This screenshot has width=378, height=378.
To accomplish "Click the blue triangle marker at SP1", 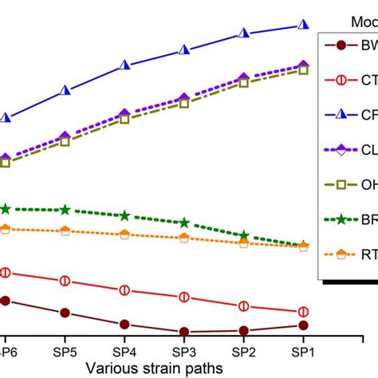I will click(x=303, y=26).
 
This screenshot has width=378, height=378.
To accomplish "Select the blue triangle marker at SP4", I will click(x=124, y=65).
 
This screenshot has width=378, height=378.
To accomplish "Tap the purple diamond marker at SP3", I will click(x=184, y=97).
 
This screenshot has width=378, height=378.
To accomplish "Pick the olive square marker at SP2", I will click(x=243, y=82).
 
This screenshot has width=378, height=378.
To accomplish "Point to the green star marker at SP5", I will click(x=65, y=210).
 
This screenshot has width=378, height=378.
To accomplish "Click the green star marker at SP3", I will click(x=184, y=222).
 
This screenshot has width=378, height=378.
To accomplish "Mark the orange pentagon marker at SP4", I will click(x=124, y=234).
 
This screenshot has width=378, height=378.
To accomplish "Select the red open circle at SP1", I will click(x=303, y=312).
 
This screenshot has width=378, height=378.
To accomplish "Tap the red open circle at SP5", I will click(x=65, y=281).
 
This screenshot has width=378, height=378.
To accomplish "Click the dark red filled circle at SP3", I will click(x=184, y=332).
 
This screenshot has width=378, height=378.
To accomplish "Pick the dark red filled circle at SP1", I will click(x=303, y=325).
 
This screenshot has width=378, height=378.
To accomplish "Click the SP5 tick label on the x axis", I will click(x=65, y=352).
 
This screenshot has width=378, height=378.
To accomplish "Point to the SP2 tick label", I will click(x=243, y=352).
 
